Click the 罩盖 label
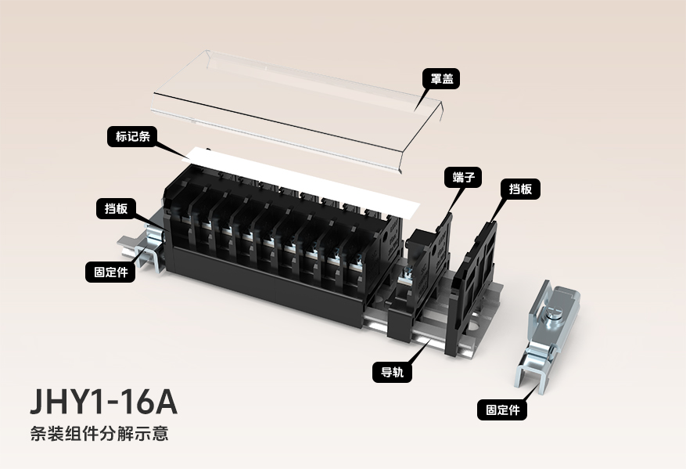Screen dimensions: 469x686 440,78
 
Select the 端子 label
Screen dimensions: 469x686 462,177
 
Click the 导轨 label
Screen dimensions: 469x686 392,372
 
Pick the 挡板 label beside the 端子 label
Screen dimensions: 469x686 520,189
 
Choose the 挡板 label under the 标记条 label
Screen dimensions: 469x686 117,208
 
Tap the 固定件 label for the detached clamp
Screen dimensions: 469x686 501,409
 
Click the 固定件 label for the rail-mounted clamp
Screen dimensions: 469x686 110,272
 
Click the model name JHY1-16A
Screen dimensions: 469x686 103,401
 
